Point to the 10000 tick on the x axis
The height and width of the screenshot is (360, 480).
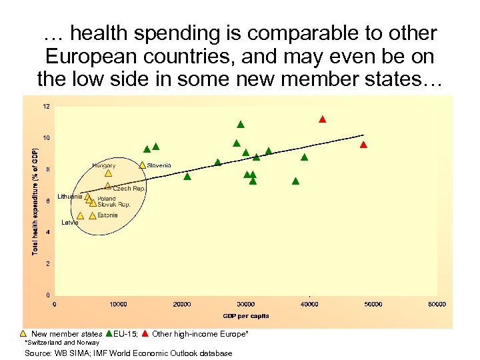[118, 305]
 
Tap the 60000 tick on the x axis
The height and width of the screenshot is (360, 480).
[437, 305]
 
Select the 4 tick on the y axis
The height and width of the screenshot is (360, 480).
[47, 232]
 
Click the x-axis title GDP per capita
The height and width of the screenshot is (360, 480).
[245, 315]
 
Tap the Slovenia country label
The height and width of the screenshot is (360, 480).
[159, 165]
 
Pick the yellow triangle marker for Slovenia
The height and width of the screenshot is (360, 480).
[143, 165]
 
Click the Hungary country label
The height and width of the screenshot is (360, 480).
[104, 165]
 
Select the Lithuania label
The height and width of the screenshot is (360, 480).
[70, 197]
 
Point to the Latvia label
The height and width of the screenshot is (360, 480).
[70, 223]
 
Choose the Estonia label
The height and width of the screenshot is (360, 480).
[107, 215]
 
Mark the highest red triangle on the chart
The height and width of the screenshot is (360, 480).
[322, 119]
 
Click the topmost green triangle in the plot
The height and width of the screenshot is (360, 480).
[241, 124]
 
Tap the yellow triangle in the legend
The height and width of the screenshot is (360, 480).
[23, 333]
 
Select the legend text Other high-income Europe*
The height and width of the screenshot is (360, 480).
[200, 333]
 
